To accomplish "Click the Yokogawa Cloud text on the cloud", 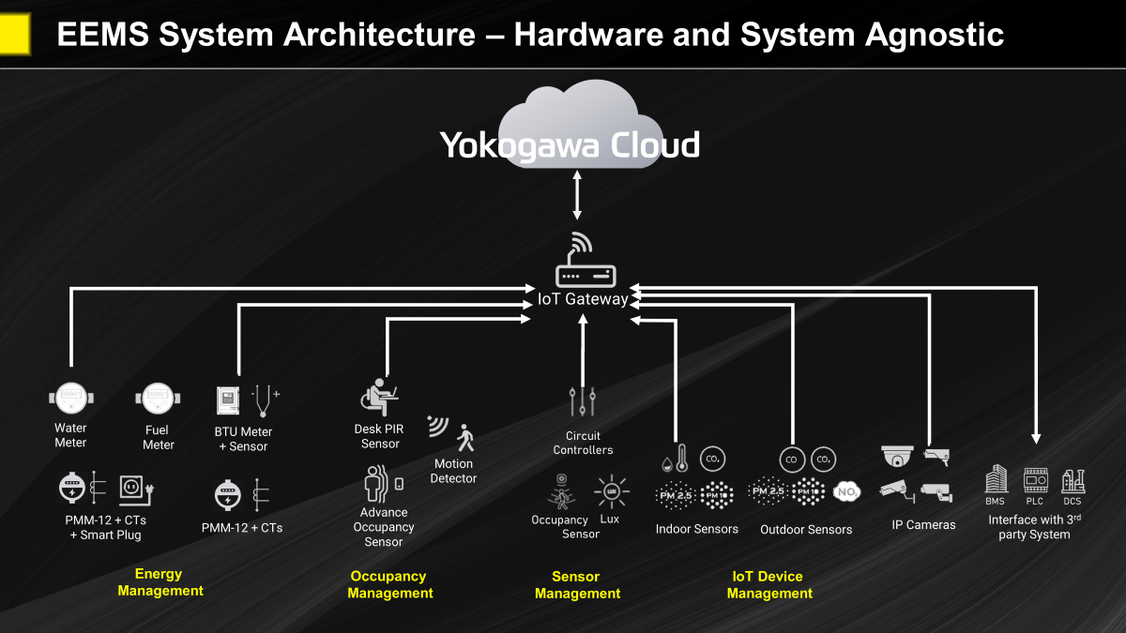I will pos(570,145).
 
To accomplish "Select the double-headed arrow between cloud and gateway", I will pos(577,195).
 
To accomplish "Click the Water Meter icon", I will pos(70,399).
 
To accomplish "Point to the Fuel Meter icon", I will pos(158,399).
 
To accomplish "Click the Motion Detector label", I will pos(455,471).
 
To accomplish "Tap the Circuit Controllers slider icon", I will pos(583,401).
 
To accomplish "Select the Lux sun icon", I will pos(610,491).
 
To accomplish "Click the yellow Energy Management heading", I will pos(160,582).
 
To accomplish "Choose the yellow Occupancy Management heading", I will pos(389,584).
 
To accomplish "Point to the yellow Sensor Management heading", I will pos(577,584).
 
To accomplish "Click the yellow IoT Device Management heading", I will pos(768,584).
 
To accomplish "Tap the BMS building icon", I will pos(996,480).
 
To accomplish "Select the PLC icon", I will pos(1034,480).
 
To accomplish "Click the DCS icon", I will pos(1073,480).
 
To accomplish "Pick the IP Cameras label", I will pos(923,525).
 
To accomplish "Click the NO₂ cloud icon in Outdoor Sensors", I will pos(846,490).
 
